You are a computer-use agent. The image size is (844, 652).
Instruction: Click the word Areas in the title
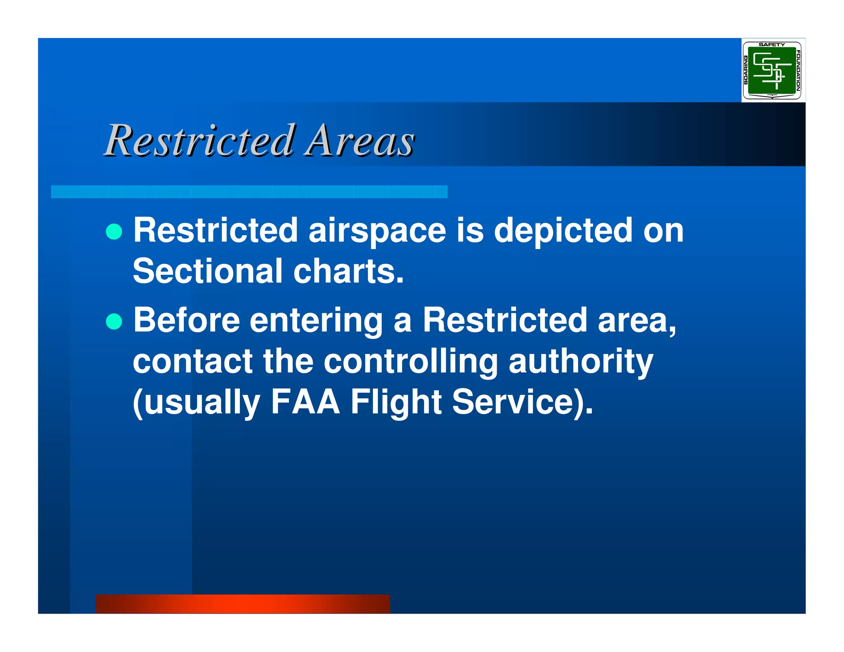(x=359, y=141)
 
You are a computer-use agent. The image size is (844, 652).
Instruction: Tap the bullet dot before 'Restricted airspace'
(x=114, y=232)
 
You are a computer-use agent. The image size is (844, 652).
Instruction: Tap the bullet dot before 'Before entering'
(x=114, y=321)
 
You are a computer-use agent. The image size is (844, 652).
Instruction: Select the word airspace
(x=377, y=231)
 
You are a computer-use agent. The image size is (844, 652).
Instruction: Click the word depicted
(x=563, y=231)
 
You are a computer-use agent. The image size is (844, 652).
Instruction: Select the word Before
(x=186, y=320)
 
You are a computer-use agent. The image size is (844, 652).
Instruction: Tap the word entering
(x=316, y=321)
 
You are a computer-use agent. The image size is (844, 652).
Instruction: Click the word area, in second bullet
(x=637, y=320)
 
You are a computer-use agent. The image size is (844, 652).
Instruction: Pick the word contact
(x=192, y=361)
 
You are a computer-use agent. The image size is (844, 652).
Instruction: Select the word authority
(x=581, y=361)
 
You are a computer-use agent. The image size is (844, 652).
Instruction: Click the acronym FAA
(x=305, y=402)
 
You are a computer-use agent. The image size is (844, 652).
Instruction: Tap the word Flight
(x=396, y=402)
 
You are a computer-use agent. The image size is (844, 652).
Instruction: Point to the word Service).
(x=522, y=402)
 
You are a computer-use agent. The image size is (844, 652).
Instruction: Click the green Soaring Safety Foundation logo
(x=771, y=70)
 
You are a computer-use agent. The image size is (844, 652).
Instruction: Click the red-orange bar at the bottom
(x=243, y=603)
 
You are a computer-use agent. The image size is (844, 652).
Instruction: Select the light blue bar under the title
(x=249, y=192)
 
